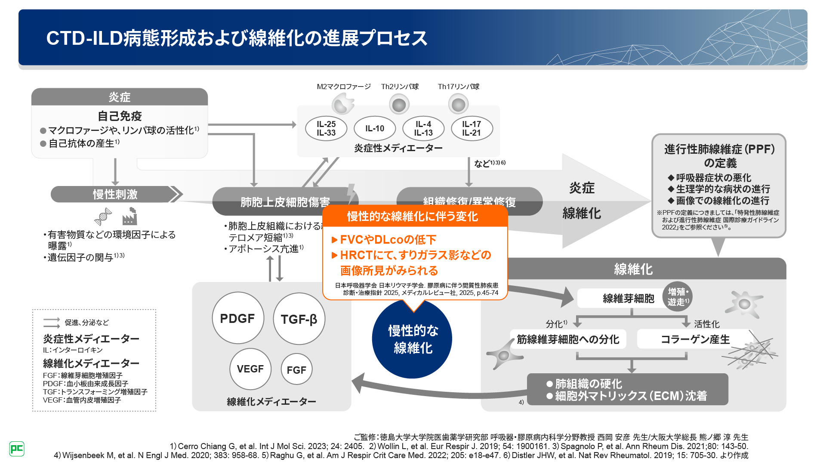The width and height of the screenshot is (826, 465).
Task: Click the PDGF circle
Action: (237, 318)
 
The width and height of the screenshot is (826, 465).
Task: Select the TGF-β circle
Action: (299, 319)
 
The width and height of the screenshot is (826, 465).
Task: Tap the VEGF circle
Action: (250, 369)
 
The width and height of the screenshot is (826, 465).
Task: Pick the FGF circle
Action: (296, 369)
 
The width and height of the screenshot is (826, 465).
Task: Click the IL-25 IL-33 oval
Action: (326, 128)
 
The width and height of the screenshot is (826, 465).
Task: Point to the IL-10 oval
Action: (375, 128)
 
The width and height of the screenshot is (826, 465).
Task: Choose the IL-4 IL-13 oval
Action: (423, 128)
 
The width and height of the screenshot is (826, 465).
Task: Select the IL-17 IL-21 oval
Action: (472, 128)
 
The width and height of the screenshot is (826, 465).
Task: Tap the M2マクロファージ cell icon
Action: (343, 104)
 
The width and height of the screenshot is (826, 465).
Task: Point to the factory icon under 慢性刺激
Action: (129, 217)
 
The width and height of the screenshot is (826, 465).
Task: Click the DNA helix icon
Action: (103, 217)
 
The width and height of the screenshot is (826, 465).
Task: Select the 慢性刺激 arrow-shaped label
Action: (115, 194)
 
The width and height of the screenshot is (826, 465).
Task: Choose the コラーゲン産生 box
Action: (695, 339)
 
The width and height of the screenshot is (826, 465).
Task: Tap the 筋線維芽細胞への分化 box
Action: (568, 339)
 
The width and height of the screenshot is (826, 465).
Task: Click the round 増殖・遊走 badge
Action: (678, 297)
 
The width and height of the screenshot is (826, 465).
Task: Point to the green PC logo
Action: (17, 449)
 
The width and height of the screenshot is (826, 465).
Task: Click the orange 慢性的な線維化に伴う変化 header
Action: (413, 216)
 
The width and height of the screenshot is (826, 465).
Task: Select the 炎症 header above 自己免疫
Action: (120, 97)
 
